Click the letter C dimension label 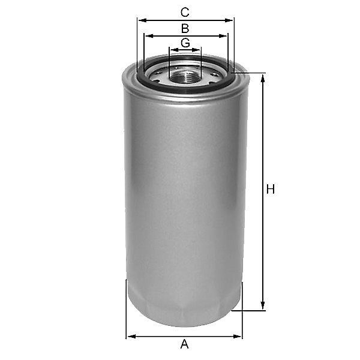point(185,13)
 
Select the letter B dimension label point(185,28)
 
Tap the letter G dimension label point(185,43)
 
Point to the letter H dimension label point(271,190)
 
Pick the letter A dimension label point(184,344)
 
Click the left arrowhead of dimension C point(143,20)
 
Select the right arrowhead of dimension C point(228,20)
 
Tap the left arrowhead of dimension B point(149,36)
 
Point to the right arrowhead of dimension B point(222,36)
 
